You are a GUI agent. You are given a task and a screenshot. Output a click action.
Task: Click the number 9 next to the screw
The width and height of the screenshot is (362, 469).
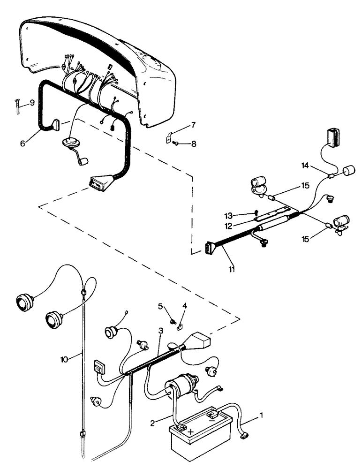tap(32, 102)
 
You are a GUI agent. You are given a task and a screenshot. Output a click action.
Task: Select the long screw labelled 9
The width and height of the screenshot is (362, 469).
tap(16, 105)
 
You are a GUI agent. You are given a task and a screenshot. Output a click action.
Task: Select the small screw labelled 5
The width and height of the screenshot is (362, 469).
tap(173, 321)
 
